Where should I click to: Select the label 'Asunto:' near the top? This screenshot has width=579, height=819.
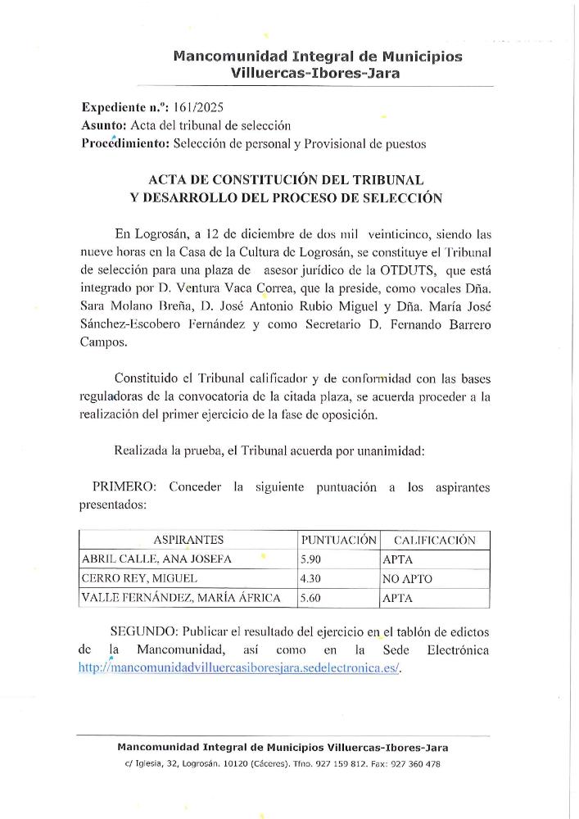[105, 125]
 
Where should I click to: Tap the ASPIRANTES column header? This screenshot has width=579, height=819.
[188, 540]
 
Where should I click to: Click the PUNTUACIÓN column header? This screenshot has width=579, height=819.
[339, 540]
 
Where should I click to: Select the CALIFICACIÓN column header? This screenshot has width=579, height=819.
[434, 540]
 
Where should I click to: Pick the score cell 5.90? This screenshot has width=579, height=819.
[314, 559]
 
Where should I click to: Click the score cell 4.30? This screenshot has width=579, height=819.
[314, 579]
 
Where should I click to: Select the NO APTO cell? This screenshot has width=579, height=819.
[407, 579]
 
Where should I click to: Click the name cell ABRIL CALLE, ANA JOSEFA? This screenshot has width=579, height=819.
[156, 559]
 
